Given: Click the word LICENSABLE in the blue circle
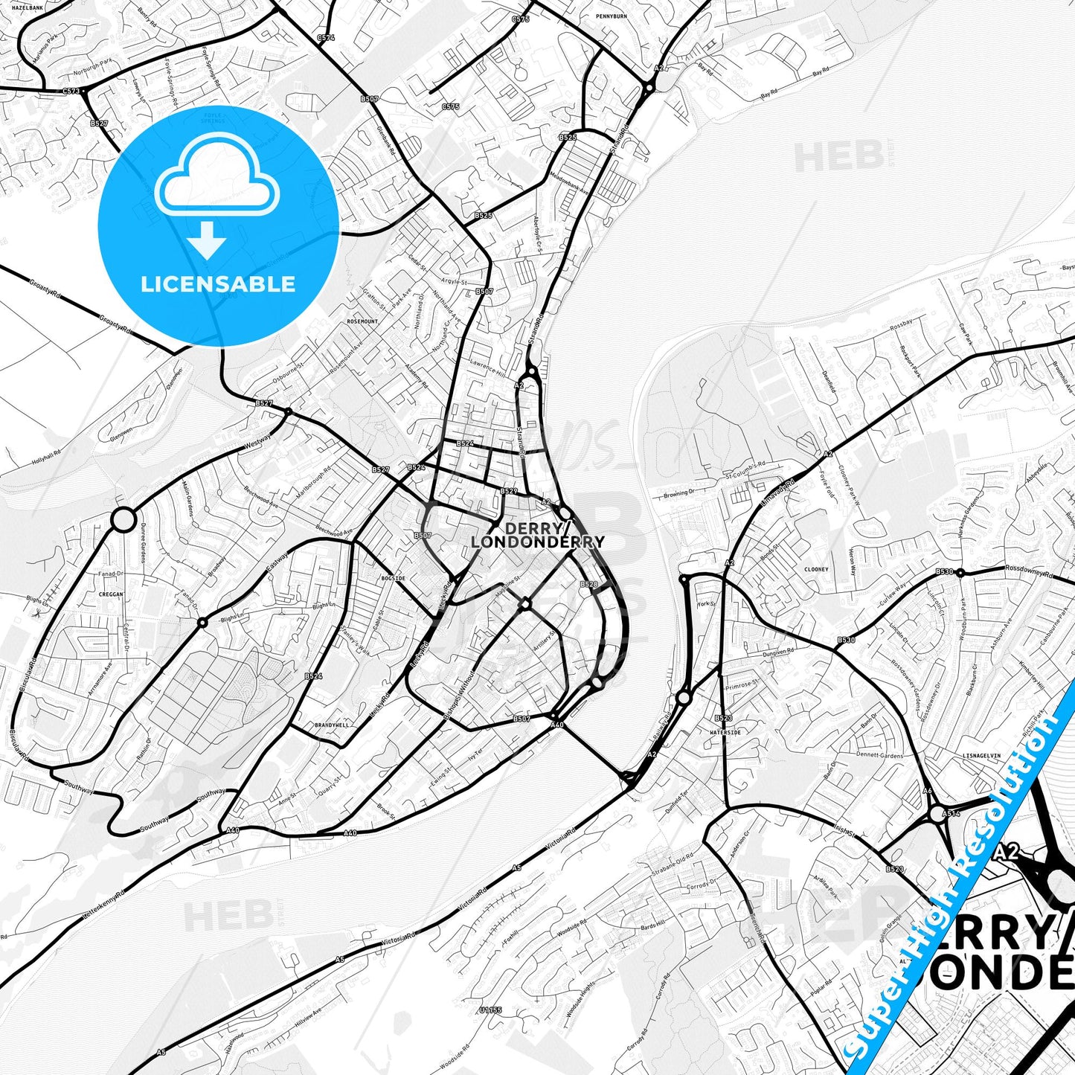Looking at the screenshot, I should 218,284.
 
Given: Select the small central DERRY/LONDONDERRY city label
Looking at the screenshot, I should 537,535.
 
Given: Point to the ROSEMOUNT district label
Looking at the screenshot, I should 362,321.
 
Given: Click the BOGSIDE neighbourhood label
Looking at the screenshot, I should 393,577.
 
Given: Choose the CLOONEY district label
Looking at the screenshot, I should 816,570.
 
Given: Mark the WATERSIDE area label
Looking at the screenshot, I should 725,732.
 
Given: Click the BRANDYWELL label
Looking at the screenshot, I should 332,725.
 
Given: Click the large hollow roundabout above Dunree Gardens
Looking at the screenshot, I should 123,519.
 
